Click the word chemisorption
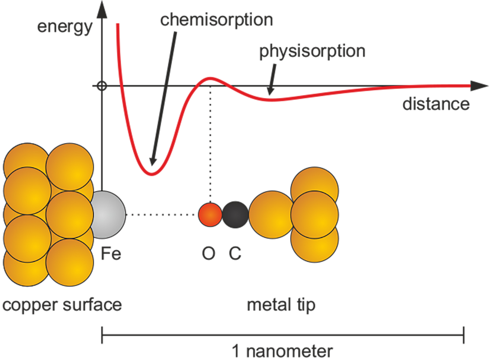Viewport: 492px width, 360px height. point(216,20)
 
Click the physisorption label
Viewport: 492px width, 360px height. point(312,51)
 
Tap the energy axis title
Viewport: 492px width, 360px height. point(65,27)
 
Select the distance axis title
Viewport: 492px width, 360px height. point(436,104)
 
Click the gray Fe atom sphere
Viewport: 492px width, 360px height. point(109,215)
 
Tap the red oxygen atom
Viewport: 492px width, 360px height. point(210,215)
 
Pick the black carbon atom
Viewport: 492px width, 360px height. point(235,215)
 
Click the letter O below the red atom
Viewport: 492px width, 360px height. point(209,253)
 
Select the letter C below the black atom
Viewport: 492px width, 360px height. point(235,253)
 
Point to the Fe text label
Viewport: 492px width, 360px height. point(111,253)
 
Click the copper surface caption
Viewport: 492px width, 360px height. point(62,305)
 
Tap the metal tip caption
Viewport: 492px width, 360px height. point(281,305)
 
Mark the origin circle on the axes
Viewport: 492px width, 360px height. point(102,86)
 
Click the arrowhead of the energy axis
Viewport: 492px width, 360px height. point(102,9)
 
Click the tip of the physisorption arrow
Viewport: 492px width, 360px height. point(270,94)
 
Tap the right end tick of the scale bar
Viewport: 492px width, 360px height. point(464,335)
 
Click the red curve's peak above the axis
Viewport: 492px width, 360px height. point(210,78)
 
